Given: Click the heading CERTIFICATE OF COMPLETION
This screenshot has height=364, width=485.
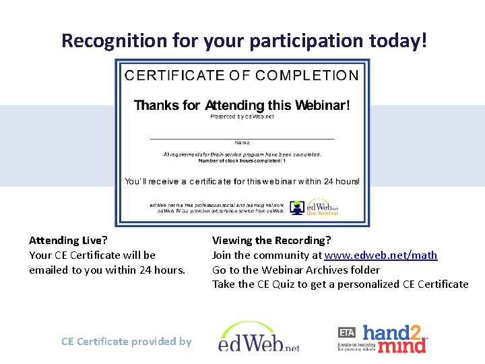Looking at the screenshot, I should (x=242, y=75).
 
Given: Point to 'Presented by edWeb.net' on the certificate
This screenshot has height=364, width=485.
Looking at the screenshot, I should (x=242, y=117).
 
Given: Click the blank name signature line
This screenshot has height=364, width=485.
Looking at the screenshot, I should (x=242, y=138).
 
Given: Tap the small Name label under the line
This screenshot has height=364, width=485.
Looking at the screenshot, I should (x=242, y=143).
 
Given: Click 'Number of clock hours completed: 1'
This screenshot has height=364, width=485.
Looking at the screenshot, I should (x=242, y=161).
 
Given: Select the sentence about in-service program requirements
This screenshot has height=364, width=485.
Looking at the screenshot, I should (x=242, y=154).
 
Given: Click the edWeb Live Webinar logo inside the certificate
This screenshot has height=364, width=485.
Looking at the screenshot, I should (x=314, y=208).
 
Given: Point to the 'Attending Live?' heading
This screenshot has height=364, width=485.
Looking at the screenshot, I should (x=68, y=240).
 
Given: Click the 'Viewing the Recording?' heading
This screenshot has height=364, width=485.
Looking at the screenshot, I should (x=271, y=240).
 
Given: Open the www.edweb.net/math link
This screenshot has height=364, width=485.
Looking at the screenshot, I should (x=381, y=255).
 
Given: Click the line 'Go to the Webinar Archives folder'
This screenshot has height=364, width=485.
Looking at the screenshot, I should (x=296, y=270).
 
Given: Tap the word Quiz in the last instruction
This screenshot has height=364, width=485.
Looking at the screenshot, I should (x=284, y=284).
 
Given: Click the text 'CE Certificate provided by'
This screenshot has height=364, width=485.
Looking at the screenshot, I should (x=126, y=342).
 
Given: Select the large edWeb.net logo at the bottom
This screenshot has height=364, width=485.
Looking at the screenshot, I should (x=259, y=338).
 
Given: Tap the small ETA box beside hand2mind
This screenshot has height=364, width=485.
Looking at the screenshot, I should (x=346, y=332).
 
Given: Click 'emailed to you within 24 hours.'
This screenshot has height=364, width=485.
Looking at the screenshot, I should (x=106, y=270).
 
